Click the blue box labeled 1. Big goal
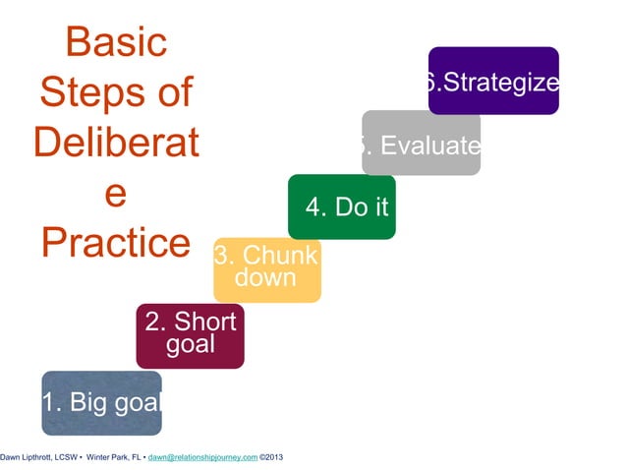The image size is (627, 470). click(101, 402)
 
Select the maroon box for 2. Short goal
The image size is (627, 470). click(190, 334)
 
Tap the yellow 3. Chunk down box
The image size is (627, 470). click(266, 267)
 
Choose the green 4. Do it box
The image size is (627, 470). click(341, 206)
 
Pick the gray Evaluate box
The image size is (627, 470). click(421, 144)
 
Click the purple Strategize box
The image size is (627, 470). click(493, 81)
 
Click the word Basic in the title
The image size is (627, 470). click(115, 42)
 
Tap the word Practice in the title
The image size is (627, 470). click(115, 243)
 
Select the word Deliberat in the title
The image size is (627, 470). click(115, 144)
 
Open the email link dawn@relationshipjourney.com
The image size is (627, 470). click(202, 457)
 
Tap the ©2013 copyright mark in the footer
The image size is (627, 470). click(271, 457)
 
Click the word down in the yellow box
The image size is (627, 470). click(265, 278)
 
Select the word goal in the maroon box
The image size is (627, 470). click(190, 345)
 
